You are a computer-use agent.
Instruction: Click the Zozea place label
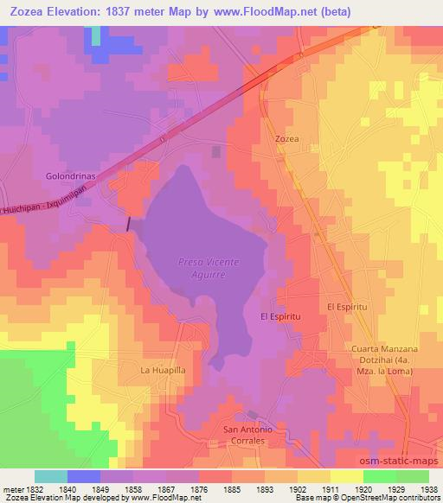coord(287,138)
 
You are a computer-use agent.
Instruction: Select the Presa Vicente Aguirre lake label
coord(208,267)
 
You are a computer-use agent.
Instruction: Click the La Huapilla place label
coord(164,370)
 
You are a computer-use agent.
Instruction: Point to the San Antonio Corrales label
coord(249,435)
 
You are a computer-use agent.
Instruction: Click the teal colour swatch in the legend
coord(51,476)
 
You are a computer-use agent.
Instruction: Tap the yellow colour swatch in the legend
coord(346,476)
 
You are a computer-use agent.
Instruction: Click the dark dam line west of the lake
coord(130,223)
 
